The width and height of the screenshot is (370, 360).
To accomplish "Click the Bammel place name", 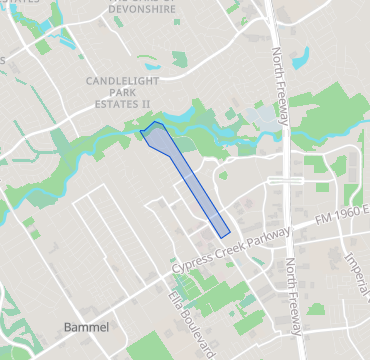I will point(85,327).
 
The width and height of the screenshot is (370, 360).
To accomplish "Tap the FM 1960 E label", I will point(338,215).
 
